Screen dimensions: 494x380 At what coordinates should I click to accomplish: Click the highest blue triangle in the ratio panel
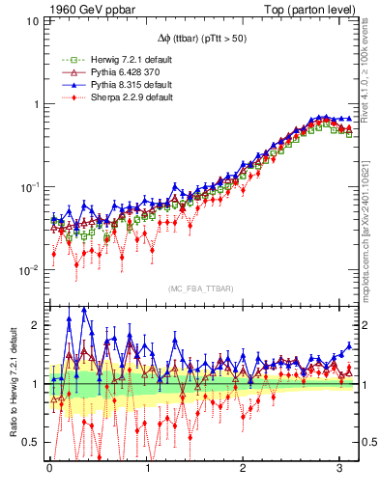click(x=84, y=310)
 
